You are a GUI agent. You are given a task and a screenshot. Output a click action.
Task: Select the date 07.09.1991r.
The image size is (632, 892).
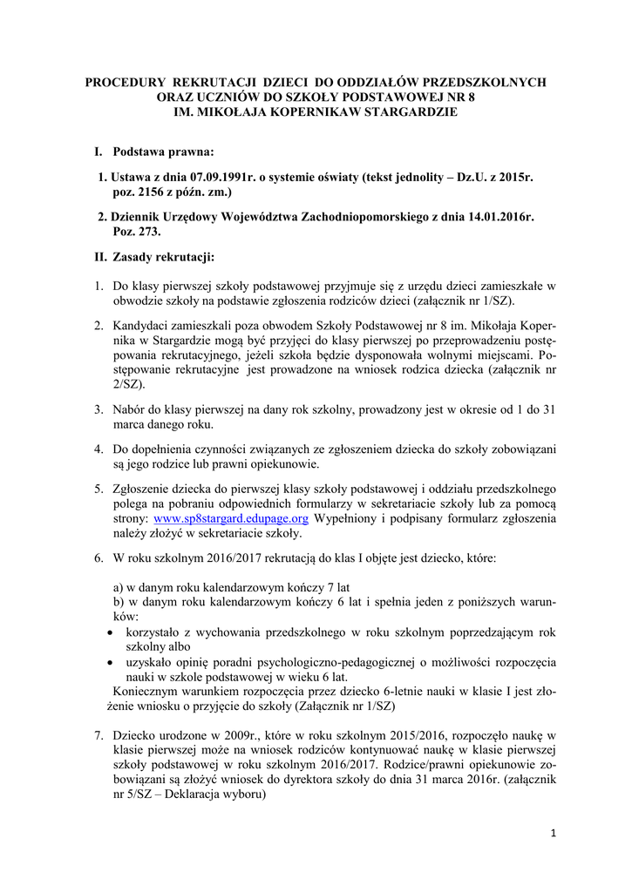(208, 176)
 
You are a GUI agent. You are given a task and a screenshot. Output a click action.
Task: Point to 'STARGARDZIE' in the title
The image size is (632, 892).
(413, 112)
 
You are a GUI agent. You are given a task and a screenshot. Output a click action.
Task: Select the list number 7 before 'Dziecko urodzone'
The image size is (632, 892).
(99, 736)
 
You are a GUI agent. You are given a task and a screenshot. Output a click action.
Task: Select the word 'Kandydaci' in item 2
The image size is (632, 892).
(140, 325)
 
